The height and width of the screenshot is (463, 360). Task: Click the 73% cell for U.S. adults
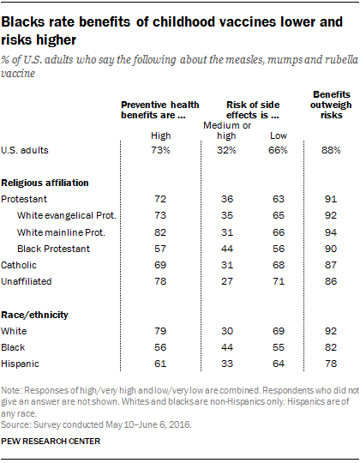tap(160, 150)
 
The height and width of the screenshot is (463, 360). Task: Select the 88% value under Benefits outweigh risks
tap(331, 150)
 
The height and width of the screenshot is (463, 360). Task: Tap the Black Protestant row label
tap(53, 249)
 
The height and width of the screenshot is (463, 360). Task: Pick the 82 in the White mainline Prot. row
tap(160, 232)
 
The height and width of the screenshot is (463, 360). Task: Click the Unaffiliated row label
tap(27, 281)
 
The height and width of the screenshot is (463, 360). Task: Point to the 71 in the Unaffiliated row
tap(279, 281)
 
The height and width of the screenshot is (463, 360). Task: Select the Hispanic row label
tap(20, 364)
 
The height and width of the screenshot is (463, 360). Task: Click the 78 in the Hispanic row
tap(331, 364)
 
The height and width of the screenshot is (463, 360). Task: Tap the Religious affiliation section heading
tap(45, 183)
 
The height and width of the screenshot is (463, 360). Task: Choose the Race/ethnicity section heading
tap(34, 315)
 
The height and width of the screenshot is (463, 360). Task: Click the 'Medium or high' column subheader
tap(227, 130)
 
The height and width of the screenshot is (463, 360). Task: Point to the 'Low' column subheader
tap(279, 135)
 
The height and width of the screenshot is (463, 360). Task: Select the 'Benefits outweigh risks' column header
tap(331, 105)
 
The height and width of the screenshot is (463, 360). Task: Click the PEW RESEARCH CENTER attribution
tap(51, 442)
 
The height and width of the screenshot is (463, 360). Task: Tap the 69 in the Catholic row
tap(160, 265)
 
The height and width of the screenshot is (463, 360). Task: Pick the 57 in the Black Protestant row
tap(160, 249)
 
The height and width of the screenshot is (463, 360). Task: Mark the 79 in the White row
tap(160, 331)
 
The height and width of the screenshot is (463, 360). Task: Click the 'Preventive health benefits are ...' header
tap(160, 110)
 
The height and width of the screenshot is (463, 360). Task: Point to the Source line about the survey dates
tap(97, 425)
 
